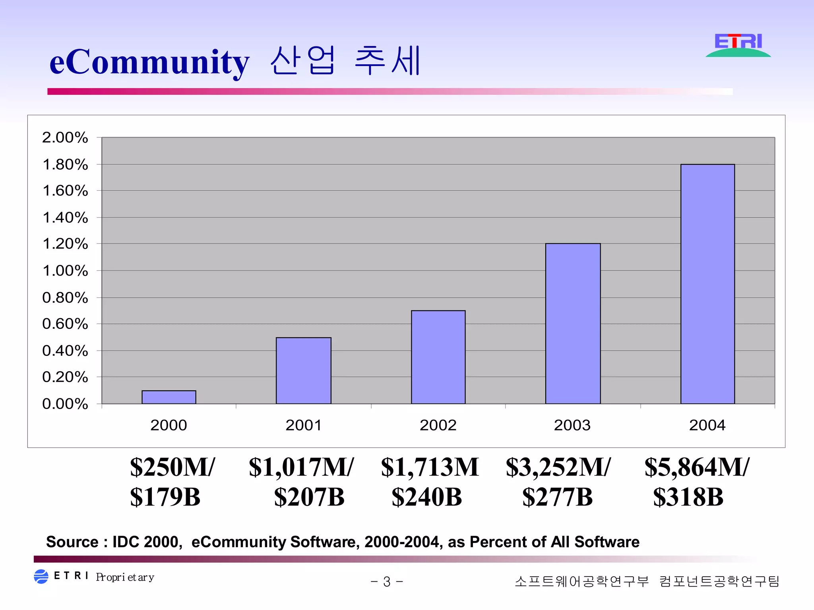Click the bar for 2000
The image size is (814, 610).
(x=169, y=397)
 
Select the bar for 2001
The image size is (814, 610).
(x=304, y=371)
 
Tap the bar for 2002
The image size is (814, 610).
(x=438, y=357)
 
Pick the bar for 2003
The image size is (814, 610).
(x=573, y=324)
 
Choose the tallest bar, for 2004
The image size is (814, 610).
(x=707, y=284)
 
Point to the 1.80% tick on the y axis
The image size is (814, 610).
(x=65, y=164)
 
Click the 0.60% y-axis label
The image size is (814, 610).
(x=65, y=324)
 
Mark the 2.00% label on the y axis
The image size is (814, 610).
(x=65, y=137)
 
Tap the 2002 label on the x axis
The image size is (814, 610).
(x=438, y=425)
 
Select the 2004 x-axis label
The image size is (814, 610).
(x=707, y=425)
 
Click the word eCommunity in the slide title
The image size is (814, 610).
(x=149, y=62)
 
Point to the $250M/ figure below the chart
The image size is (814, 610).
(x=172, y=467)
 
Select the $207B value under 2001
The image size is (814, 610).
(x=309, y=497)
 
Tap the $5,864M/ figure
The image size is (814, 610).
(x=697, y=467)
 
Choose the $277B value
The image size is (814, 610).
(x=557, y=497)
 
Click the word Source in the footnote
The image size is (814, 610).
(x=72, y=542)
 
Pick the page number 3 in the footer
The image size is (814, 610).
(x=387, y=582)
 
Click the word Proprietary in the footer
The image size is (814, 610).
(x=125, y=577)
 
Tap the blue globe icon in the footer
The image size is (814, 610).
(x=41, y=577)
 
